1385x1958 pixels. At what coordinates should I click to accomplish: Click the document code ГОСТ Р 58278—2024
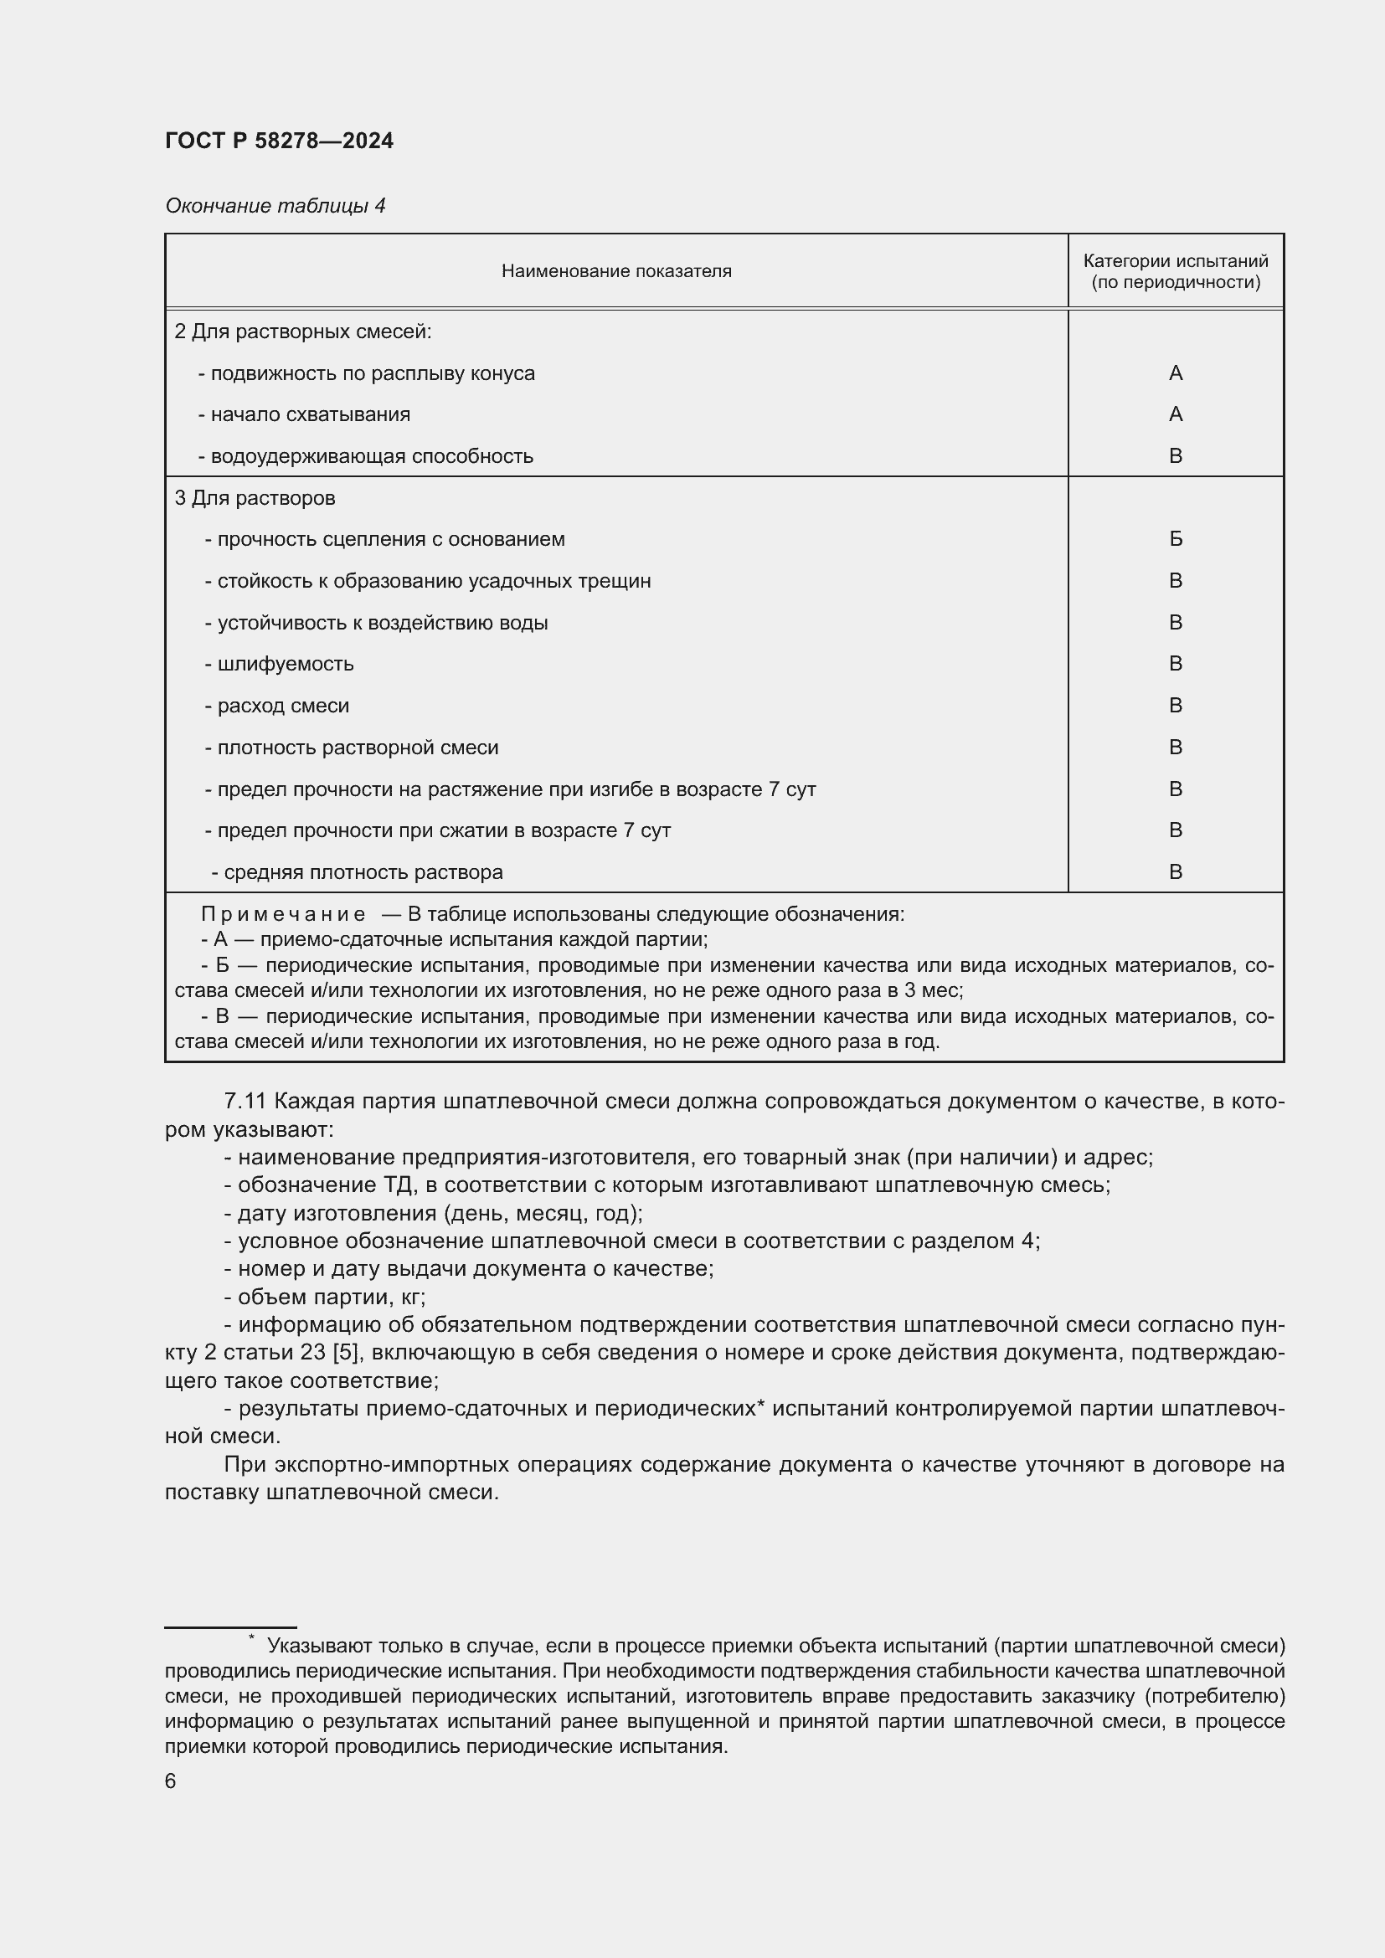pos(279,141)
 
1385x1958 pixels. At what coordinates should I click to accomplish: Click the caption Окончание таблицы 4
pos(275,206)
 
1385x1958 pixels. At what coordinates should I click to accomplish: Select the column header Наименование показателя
pos(615,271)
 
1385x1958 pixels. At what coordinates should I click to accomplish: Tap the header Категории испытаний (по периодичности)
pos(1175,271)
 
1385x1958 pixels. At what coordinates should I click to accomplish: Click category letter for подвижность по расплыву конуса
pos(1175,373)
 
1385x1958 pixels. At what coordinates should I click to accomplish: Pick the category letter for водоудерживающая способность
pos(1175,456)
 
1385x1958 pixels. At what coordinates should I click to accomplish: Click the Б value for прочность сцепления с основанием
pos(1175,539)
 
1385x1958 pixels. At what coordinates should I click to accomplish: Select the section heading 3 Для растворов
pos(255,498)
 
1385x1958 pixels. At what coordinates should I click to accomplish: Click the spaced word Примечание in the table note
pos(283,914)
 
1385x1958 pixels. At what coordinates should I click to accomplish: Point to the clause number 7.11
pos(245,1102)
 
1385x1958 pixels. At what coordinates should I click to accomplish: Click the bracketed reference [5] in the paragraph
pos(344,1353)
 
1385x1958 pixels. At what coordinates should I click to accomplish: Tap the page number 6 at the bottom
pos(171,1781)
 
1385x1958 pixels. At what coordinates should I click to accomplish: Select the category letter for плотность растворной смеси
pos(1175,747)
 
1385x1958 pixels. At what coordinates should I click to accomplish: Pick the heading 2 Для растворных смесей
pos(303,331)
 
